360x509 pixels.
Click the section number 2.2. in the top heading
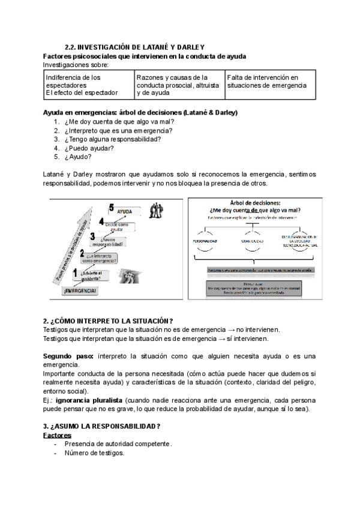71,47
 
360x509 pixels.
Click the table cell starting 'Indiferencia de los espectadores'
89,85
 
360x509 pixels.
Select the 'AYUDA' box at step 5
124,211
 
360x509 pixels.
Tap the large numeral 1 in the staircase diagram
75,274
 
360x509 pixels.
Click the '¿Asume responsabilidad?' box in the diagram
109,242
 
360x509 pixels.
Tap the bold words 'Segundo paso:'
68,356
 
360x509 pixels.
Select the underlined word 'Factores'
57,435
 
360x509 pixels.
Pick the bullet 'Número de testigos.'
94,453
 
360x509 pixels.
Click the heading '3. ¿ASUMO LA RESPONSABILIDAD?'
101,426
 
